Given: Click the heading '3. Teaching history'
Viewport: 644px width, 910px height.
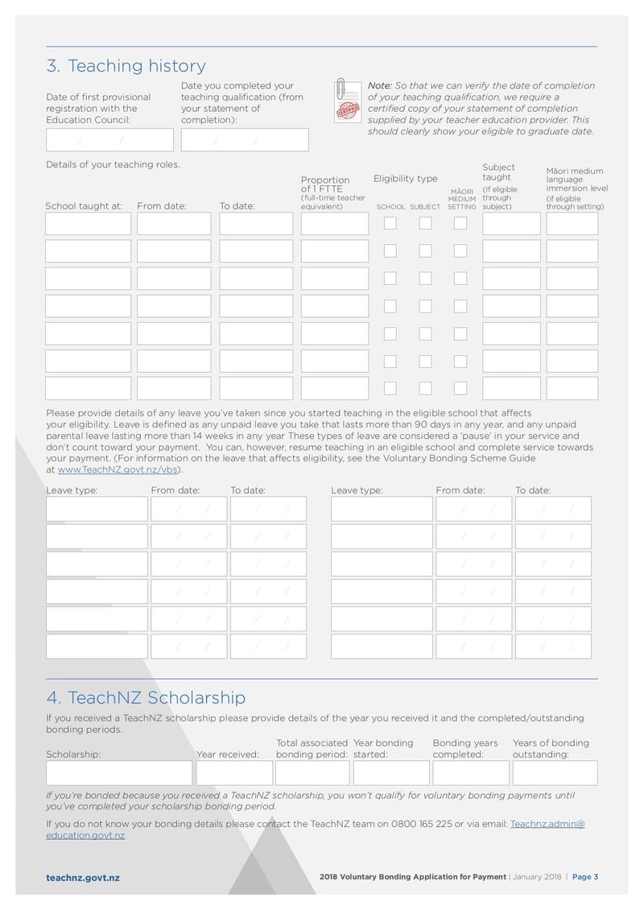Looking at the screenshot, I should pyautogui.click(x=126, y=66).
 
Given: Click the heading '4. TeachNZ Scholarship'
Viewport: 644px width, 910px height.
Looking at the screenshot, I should pyautogui.click(x=146, y=697).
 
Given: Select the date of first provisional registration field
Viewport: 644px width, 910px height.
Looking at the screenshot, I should pyautogui.click(x=109, y=140).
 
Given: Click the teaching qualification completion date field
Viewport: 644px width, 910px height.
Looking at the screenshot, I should pyautogui.click(x=245, y=140).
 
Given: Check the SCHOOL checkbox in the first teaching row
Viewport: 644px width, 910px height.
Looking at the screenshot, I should pyautogui.click(x=390, y=224).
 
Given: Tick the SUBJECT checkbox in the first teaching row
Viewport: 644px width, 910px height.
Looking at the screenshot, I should pyautogui.click(x=425, y=224).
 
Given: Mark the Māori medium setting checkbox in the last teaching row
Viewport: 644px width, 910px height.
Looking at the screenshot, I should pyautogui.click(x=460, y=388).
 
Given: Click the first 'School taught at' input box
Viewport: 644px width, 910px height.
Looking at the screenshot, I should pyautogui.click(x=88, y=224).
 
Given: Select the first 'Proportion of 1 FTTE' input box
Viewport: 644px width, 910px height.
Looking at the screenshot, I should pyautogui.click(x=334, y=224).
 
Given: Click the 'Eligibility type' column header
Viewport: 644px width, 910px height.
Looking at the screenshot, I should pyautogui.click(x=405, y=179).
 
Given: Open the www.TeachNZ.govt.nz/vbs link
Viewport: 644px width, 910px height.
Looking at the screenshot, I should pyautogui.click(x=118, y=469).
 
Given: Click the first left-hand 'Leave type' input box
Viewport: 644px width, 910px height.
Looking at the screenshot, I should pyautogui.click(x=97, y=509).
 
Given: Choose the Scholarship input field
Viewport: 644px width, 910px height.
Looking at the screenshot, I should pyautogui.click(x=119, y=773).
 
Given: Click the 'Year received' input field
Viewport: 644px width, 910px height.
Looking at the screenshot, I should pyautogui.click(x=233, y=773).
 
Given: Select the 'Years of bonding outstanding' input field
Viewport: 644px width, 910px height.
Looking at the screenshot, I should pyautogui.click(x=555, y=773).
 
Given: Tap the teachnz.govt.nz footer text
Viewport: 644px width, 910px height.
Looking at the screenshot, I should pyautogui.click(x=83, y=878).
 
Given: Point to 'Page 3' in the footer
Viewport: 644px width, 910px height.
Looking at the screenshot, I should pyautogui.click(x=584, y=877).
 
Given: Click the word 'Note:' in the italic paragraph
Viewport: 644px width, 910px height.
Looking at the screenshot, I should pyautogui.click(x=379, y=85).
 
